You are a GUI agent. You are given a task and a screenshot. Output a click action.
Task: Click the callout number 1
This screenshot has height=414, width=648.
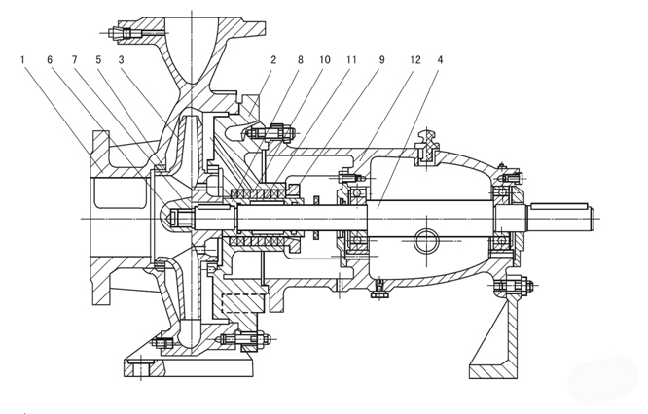coord(21,59)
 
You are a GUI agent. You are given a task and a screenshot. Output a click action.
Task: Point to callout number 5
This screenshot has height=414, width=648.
coord(97,59)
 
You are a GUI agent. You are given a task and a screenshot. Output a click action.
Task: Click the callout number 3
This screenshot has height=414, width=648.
coord(121,59)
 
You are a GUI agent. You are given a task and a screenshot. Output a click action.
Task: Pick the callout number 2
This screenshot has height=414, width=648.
coord(274,59)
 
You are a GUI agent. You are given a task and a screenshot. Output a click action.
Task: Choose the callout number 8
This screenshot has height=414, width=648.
coord(300,59)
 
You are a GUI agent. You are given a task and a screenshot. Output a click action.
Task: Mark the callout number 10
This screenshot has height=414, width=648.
coord(324,59)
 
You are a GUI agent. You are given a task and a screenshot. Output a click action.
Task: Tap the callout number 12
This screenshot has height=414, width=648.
coord(414,59)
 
